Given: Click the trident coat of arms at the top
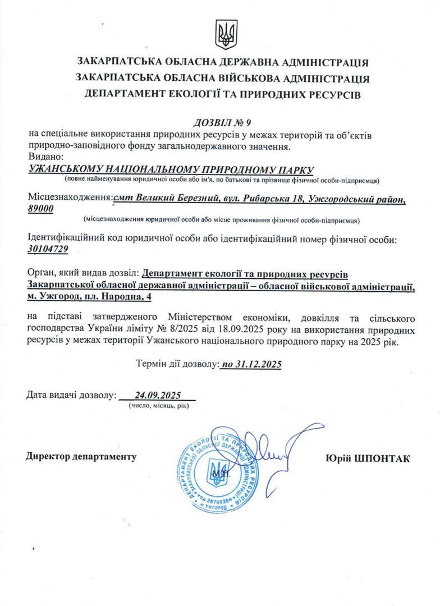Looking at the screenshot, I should (x=226, y=34).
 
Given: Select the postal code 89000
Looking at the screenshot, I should (x=40, y=208).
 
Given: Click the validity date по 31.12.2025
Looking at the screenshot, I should (x=251, y=364).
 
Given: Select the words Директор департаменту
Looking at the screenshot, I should (x=81, y=457).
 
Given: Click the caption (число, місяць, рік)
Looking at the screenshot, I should (x=158, y=405).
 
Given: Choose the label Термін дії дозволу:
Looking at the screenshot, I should (x=177, y=364).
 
